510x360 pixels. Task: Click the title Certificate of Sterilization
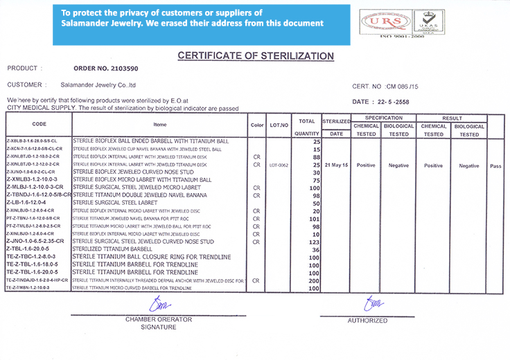point(256,56)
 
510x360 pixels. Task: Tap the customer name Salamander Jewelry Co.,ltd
point(98,85)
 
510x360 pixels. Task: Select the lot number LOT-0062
point(279,165)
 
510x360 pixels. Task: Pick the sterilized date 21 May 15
point(335,165)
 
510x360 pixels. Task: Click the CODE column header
point(39,125)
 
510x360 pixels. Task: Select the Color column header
point(257,125)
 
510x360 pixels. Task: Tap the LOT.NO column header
point(279,125)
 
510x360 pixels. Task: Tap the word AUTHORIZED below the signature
point(367,321)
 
